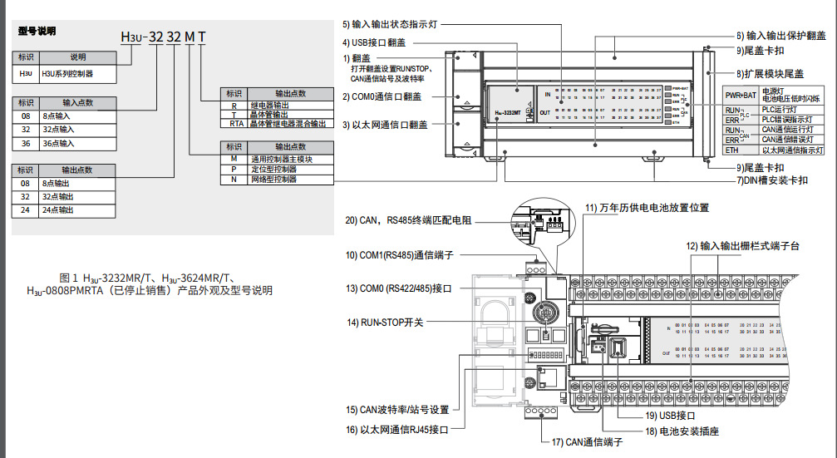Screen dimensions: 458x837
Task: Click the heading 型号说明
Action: [x=37, y=31]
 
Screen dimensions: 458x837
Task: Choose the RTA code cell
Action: [x=234, y=123]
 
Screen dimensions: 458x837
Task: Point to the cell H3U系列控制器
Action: [x=67, y=74]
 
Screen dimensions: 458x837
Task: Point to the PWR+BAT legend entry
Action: [x=740, y=96]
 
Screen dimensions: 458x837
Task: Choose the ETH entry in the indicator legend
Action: [x=731, y=150]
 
